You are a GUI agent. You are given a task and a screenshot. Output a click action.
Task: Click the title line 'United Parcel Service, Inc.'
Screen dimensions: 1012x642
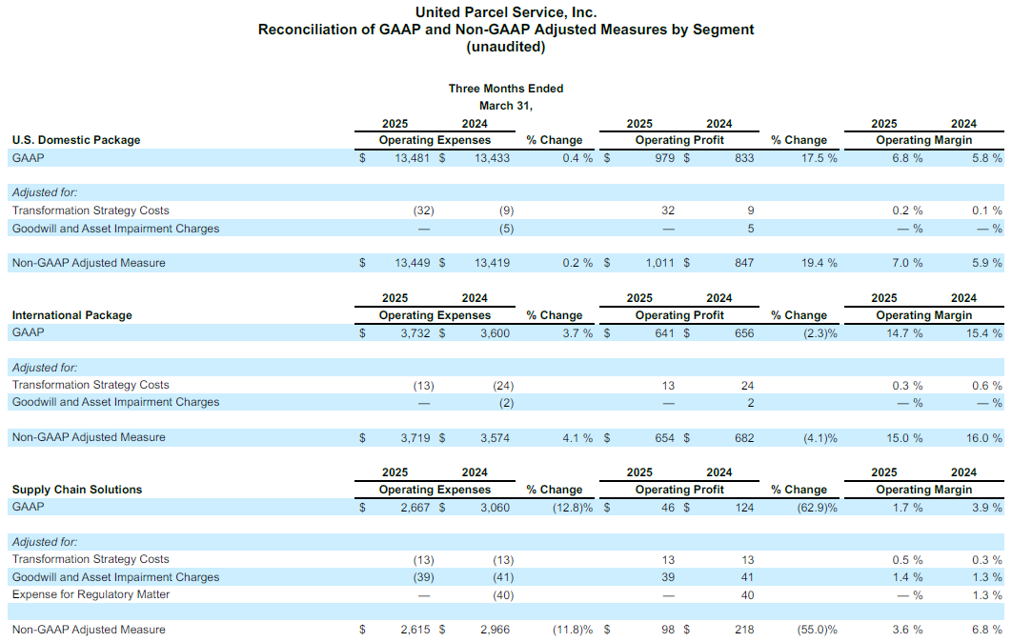(x=506, y=12)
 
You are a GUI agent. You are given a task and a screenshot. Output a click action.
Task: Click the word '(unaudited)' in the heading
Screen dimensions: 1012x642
(x=506, y=47)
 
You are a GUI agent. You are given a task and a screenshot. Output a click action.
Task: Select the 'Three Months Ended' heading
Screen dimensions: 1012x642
(x=506, y=89)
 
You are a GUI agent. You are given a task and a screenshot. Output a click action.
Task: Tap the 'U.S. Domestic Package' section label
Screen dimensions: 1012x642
(x=76, y=140)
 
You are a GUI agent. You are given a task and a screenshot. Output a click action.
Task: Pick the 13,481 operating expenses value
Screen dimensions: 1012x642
(x=412, y=158)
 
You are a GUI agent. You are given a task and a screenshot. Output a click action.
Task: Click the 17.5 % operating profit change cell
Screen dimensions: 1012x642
(x=819, y=158)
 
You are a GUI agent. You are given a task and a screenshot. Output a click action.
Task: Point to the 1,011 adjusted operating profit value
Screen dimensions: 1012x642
(x=659, y=263)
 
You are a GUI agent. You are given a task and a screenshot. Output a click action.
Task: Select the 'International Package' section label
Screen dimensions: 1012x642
(x=72, y=315)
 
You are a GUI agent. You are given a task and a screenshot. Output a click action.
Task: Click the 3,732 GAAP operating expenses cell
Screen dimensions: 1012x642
(x=415, y=333)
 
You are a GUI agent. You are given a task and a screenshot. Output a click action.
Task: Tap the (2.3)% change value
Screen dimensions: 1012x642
(x=820, y=333)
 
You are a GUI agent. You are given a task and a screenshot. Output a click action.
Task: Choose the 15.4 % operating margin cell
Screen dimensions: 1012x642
(x=984, y=333)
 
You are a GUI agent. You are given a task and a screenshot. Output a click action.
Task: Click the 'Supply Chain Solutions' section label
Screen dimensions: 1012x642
(x=77, y=489)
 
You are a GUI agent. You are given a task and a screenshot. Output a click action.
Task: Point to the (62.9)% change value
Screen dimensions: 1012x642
(x=817, y=508)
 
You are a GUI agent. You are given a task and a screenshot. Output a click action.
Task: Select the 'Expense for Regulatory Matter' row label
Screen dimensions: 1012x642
(x=91, y=594)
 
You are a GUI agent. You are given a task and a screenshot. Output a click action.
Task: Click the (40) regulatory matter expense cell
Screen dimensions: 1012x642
(x=503, y=595)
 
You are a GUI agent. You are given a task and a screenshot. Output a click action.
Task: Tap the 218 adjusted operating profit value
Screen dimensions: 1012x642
(x=744, y=629)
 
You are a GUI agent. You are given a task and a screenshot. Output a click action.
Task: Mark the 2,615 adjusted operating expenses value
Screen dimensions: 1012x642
(x=415, y=629)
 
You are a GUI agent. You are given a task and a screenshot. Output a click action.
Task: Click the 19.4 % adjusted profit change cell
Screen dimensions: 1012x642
(x=819, y=263)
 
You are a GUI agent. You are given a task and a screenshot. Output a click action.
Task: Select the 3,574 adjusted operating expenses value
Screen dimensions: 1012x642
(x=495, y=438)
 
